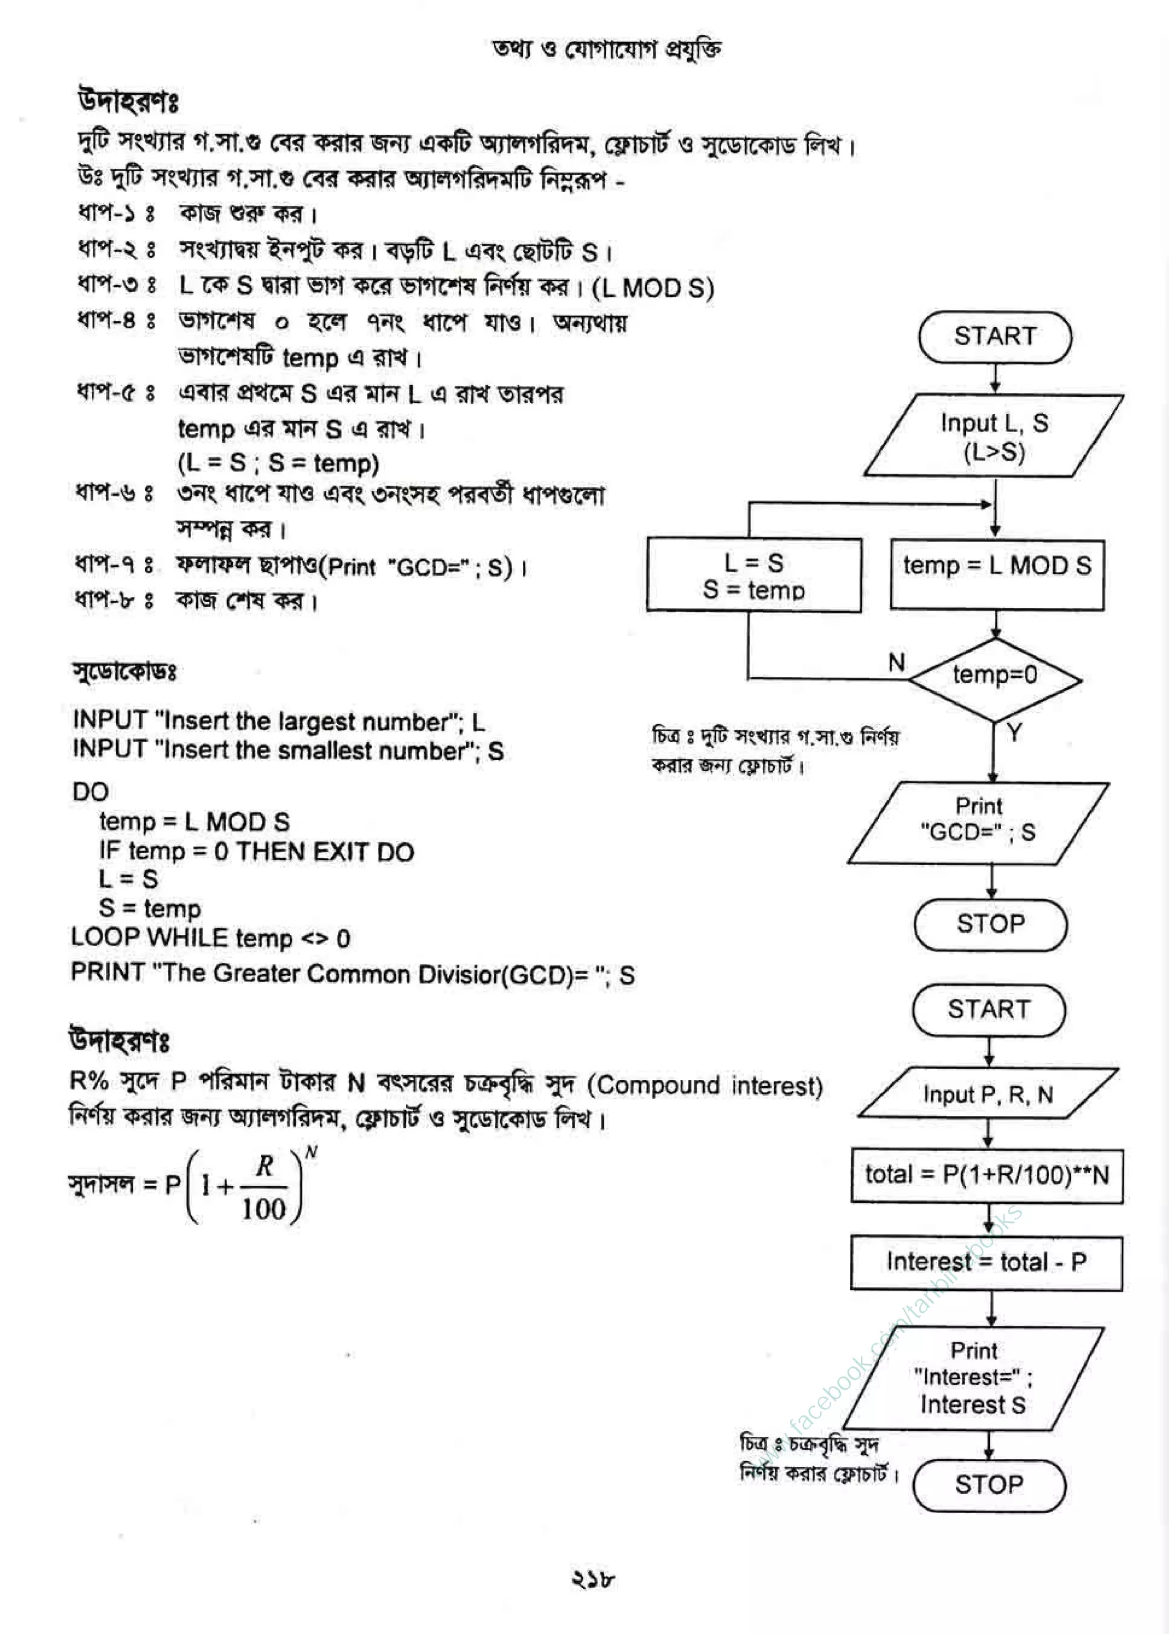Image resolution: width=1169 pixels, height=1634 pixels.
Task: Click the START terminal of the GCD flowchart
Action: tap(994, 337)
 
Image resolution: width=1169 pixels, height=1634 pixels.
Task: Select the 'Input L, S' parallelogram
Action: tap(993, 436)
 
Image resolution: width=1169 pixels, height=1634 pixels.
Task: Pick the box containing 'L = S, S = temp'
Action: tap(753, 576)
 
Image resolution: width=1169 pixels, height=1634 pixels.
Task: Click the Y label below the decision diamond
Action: tap(1014, 733)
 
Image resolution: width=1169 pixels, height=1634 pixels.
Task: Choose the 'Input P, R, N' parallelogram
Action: tap(987, 1094)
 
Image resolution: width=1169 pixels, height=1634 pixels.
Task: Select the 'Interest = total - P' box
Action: tap(986, 1262)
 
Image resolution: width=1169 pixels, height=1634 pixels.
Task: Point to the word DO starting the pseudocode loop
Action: tap(91, 792)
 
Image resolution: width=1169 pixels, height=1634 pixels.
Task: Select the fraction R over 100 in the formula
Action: tap(264, 1187)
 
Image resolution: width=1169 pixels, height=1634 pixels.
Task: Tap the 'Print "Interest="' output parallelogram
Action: tap(973, 1377)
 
